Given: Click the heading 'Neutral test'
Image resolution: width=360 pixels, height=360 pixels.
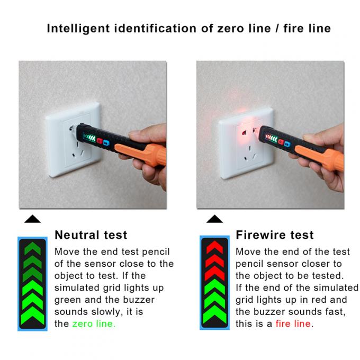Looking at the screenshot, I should click(91, 235).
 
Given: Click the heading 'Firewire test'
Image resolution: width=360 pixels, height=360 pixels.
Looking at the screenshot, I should click(275, 235).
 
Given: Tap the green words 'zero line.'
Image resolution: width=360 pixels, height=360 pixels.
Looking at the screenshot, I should click(94, 324).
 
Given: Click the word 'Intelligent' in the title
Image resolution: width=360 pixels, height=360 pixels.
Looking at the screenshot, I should click(79, 29).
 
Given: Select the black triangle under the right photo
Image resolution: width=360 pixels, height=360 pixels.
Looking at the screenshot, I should click(214, 219).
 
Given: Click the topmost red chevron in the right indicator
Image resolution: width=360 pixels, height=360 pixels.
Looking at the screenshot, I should click(214, 247).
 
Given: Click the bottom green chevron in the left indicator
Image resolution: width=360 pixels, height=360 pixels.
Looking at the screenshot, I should click(32, 318).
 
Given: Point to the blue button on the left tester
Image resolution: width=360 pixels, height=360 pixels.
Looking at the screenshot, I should click(106, 142).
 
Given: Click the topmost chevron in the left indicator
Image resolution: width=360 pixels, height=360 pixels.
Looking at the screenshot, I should click(32, 247).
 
